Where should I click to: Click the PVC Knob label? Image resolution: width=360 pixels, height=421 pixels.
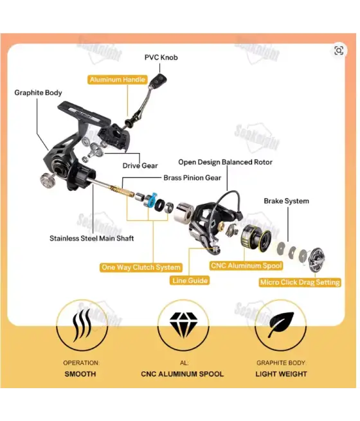pyautogui.click(x=161, y=57)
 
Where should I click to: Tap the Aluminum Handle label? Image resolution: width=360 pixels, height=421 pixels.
pyautogui.click(x=117, y=80)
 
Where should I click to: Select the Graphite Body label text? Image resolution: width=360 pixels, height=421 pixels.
pyautogui.click(x=38, y=93)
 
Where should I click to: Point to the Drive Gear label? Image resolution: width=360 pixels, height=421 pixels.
pyautogui.click(x=140, y=166)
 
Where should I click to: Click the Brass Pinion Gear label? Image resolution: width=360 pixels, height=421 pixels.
pyautogui.click(x=192, y=178)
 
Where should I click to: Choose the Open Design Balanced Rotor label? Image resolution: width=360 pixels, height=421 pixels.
pyautogui.click(x=225, y=162)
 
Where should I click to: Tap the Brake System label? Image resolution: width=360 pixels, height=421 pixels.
pyautogui.click(x=286, y=201)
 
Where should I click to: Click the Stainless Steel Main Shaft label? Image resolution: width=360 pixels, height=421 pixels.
pyautogui.click(x=91, y=238)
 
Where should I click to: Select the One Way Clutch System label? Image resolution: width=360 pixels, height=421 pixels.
pyautogui.click(x=141, y=267)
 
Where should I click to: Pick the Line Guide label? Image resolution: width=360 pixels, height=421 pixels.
pyautogui.click(x=190, y=281)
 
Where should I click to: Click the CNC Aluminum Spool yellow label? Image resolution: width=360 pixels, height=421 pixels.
pyautogui.click(x=246, y=266)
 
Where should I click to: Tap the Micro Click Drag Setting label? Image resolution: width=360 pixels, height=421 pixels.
pyautogui.click(x=300, y=282)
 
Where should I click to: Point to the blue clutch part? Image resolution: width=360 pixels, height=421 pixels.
pyautogui.click(x=152, y=199)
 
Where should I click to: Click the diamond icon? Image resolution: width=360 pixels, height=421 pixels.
pyautogui.click(x=183, y=325)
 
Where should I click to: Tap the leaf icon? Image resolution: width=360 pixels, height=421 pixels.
pyautogui.click(x=280, y=325)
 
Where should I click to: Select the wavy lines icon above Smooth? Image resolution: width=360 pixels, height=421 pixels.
pyautogui.click(x=82, y=325)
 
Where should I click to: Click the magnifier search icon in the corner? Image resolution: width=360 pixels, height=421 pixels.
pyautogui.click(x=339, y=51)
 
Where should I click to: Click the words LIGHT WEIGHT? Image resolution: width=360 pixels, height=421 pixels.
pyautogui.click(x=281, y=374)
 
